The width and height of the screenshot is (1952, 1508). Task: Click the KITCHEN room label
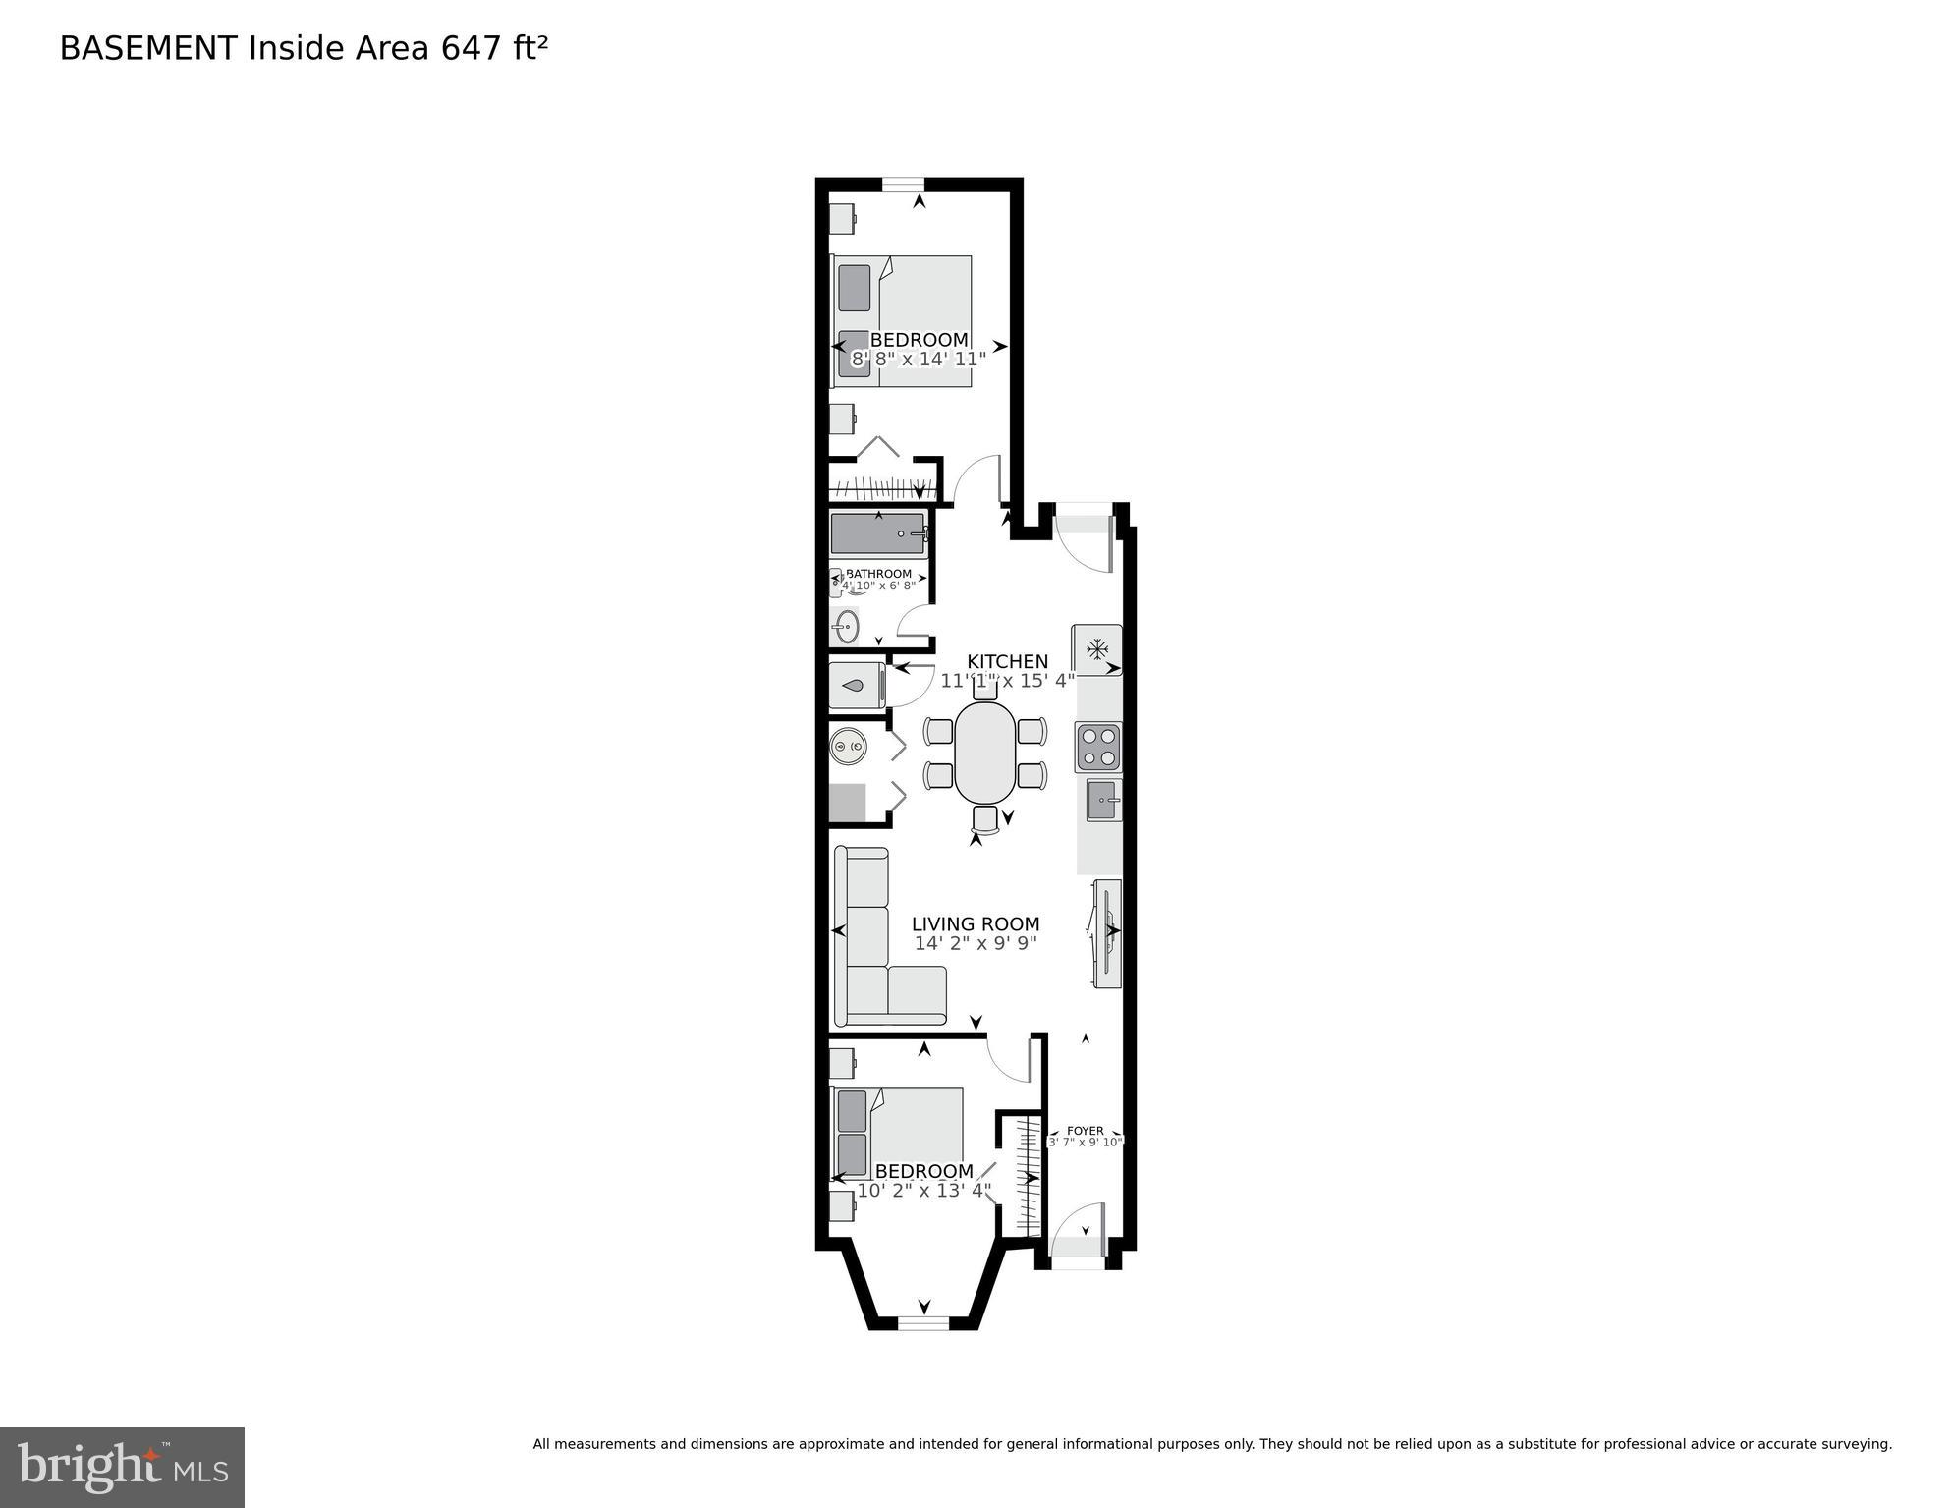point(1007,661)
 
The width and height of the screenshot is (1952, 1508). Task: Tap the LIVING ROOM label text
point(975,923)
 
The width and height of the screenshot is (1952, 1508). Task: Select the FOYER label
point(1085,1131)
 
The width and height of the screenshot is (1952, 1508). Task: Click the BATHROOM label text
point(878,574)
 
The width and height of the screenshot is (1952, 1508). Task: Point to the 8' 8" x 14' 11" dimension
point(918,360)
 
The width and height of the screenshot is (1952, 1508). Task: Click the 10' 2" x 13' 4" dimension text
point(923,1191)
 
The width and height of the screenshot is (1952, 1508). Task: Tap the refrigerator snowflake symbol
point(1096,649)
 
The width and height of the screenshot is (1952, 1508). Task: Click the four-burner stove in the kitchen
point(1097,747)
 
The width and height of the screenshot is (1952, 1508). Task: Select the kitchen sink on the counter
point(1103,801)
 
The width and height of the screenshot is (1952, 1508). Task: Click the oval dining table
point(985,752)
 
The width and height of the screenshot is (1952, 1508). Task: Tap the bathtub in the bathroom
point(877,533)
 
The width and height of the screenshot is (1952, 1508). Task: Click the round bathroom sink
point(847,626)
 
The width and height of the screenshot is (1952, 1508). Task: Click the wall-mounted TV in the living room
point(1107,933)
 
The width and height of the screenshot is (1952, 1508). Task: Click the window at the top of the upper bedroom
point(903,183)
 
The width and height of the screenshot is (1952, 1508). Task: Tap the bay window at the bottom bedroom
point(923,1323)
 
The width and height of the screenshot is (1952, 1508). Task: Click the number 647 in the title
point(472,48)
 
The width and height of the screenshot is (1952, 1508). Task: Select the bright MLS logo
point(122,1467)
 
